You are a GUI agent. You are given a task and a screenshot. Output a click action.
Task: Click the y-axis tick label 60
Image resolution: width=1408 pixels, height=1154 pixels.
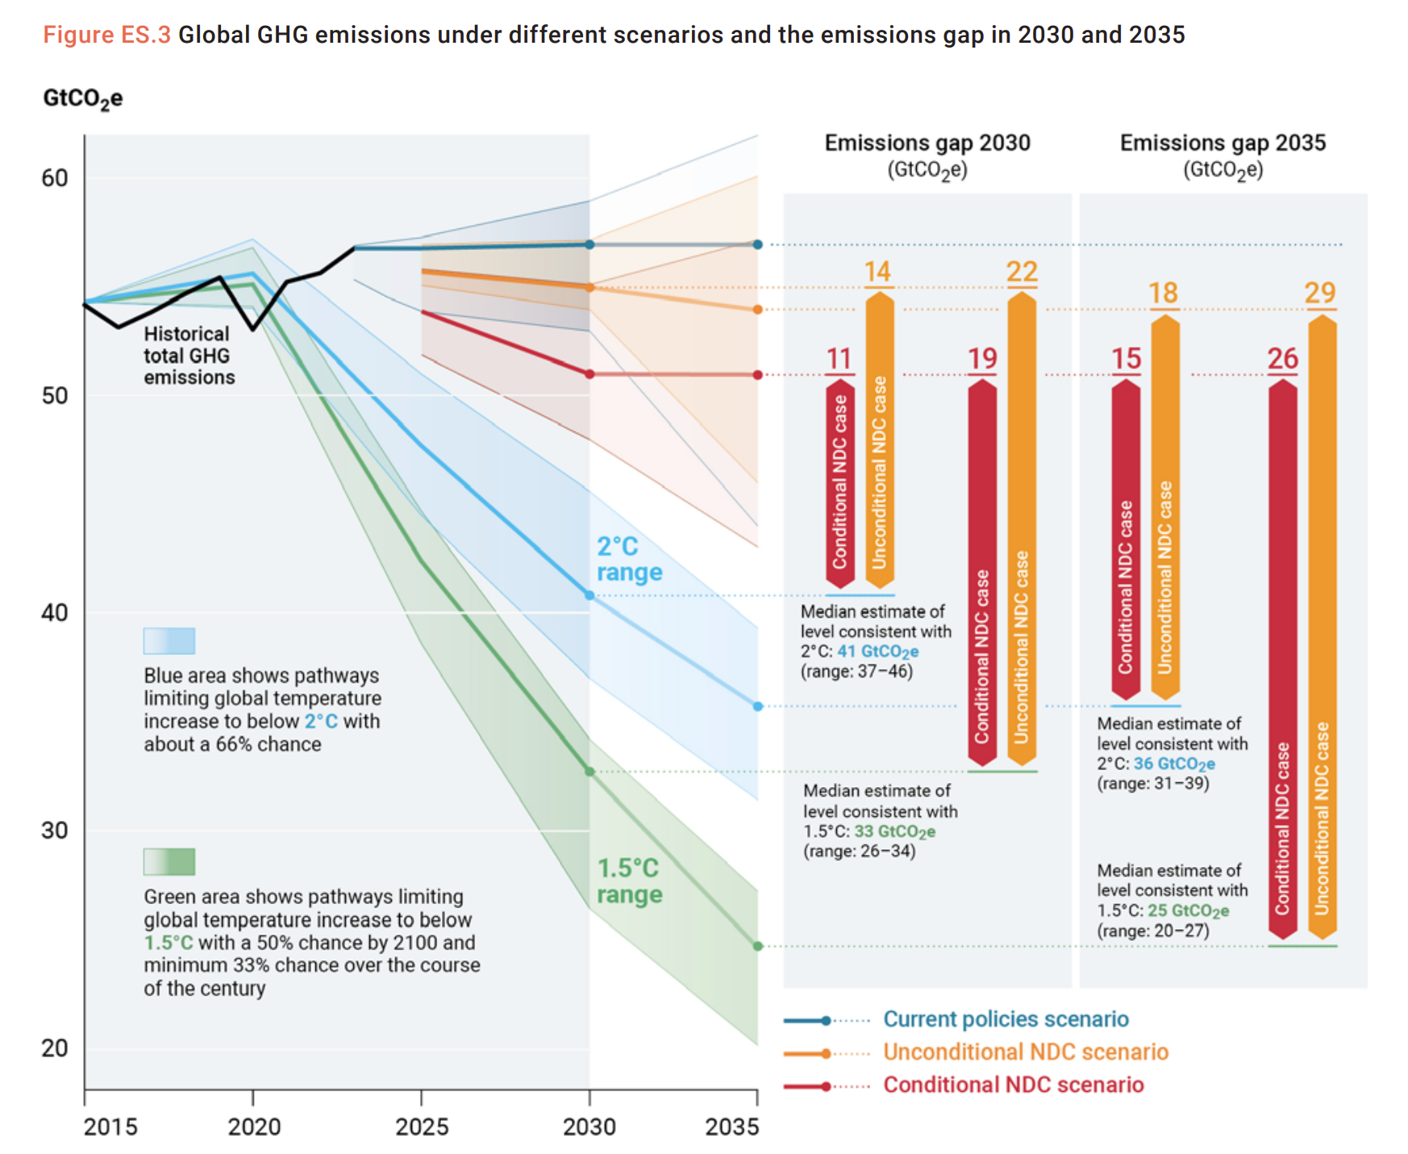tap(55, 178)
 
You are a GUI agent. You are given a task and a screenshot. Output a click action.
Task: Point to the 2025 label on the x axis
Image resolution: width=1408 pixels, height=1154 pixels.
tap(422, 1127)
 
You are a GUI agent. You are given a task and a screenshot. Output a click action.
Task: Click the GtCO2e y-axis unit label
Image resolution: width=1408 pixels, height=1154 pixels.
tap(83, 98)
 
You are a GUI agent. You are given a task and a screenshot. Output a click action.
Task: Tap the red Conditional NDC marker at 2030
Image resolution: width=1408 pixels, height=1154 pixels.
tap(589, 374)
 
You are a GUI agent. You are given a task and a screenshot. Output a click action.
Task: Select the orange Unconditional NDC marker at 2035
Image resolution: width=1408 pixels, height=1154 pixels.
tap(758, 310)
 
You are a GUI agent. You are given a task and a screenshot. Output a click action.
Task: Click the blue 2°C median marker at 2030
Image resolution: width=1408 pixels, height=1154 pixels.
tap(589, 596)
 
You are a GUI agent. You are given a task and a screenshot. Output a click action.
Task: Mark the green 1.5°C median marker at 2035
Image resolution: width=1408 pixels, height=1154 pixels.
tap(758, 946)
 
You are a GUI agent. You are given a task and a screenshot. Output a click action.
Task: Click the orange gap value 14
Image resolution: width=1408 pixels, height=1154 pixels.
tap(877, 272)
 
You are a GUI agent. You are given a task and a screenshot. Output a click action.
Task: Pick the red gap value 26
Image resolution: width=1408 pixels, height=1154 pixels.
tap(1282, 359)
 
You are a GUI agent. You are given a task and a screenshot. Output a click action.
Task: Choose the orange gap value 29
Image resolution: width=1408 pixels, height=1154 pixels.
tap(1320, 293)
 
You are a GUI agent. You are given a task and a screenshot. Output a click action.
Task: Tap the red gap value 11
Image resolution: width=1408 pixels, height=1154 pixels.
tap(839, 359)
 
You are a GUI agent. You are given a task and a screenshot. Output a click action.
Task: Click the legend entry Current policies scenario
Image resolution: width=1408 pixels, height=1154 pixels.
tap(1006, 1019)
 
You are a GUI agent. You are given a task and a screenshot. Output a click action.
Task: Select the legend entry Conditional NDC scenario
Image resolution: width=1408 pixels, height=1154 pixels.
tap(1013, 1085)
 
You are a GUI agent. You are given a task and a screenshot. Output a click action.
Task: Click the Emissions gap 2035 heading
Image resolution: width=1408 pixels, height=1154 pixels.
tap(1223, 144)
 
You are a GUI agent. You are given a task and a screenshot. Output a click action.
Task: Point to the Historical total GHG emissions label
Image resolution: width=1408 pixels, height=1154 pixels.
tap(189, 356)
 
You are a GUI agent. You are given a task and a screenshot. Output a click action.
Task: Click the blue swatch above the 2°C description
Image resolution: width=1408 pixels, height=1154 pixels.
tap(169, 641)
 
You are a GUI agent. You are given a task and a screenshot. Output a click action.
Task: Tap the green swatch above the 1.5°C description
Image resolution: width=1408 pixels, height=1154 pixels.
tap(169, 862)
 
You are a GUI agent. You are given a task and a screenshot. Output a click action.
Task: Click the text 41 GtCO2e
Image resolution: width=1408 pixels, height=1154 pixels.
tap(877, 652)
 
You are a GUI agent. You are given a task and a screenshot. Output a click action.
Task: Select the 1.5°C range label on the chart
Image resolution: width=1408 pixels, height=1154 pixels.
tap(629, 881)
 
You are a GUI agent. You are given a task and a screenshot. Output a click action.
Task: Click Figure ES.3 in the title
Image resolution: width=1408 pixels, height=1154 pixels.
tap(106, 35)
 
